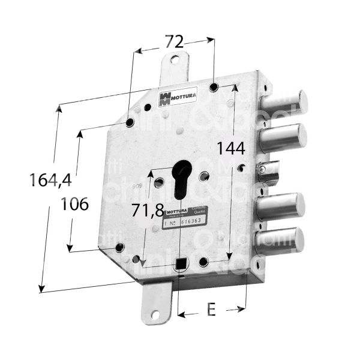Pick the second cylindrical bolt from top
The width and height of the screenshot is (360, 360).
tap(283, 137)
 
